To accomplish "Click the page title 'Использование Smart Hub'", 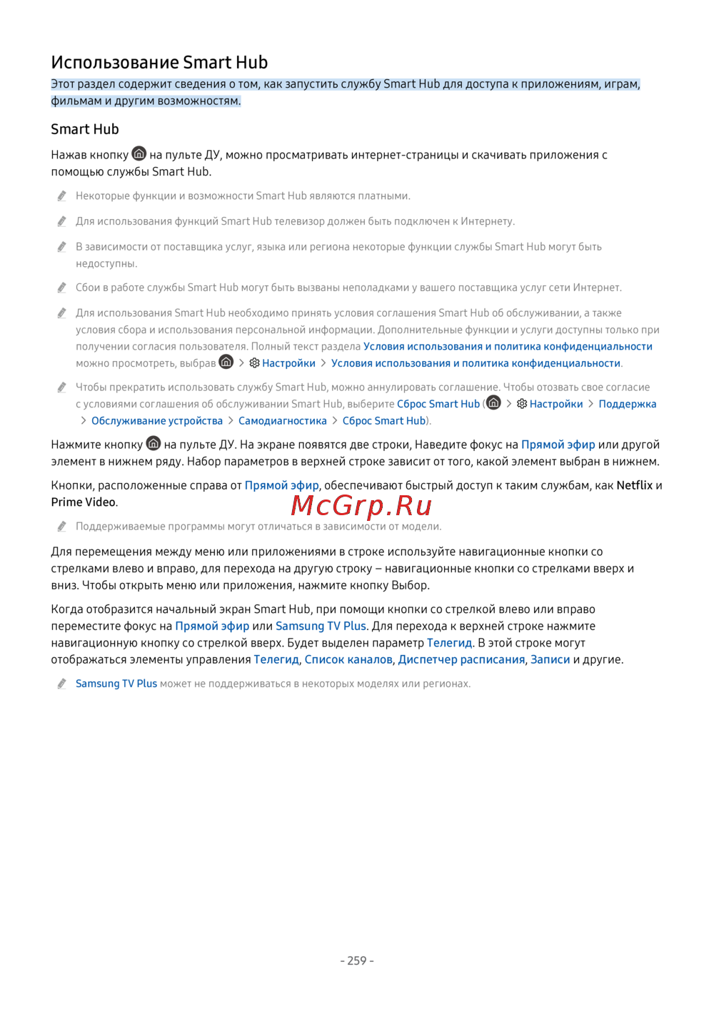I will tap(159, 62).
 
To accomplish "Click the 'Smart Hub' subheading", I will tap(85, 129).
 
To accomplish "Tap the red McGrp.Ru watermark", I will tap(361, 505).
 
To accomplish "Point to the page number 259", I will tap(357, 960).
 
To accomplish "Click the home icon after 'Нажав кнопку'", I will tap(139, 154).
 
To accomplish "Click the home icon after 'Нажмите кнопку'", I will tap(154, 444).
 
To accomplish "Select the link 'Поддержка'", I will tap(627, 404).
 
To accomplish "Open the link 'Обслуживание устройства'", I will tap(157, 421).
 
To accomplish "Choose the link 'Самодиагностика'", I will tap(282, 421).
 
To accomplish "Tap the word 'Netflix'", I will tap(634, 485).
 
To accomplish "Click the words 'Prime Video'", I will tap(83, 502).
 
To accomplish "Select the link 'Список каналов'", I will tap(348, 659).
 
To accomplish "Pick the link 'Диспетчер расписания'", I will tap(461, 659).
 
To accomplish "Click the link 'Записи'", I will tap(550, 659).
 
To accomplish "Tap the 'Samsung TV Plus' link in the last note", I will tap(116, 684).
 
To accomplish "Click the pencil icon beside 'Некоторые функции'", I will tap(62, 196).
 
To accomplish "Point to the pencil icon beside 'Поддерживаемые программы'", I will tap(62, 527).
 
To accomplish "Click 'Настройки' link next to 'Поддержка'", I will tap(556, 404).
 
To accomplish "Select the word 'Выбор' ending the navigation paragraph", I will tap(410, 585).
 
